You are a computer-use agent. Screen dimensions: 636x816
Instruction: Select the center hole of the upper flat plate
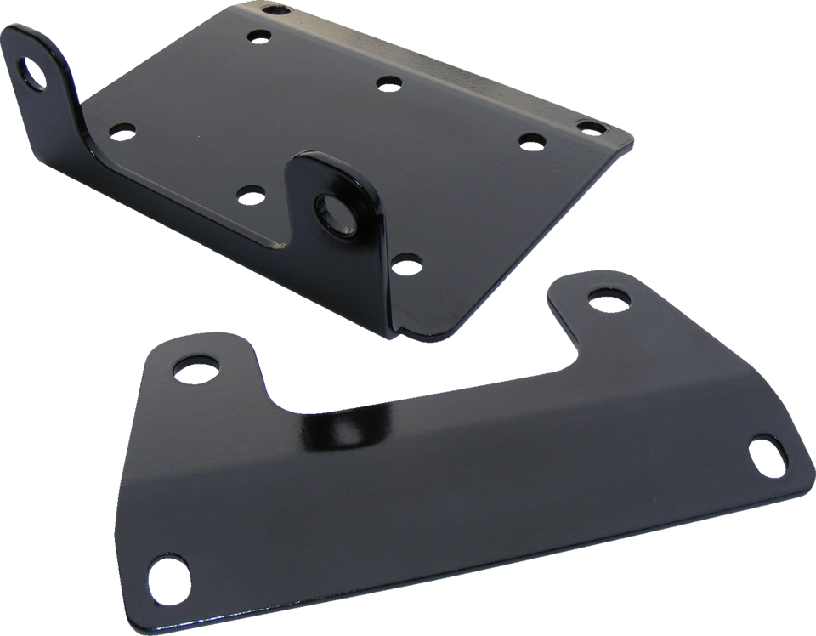point(388,83)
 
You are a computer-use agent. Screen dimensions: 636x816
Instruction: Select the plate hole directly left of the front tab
point(250,194)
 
